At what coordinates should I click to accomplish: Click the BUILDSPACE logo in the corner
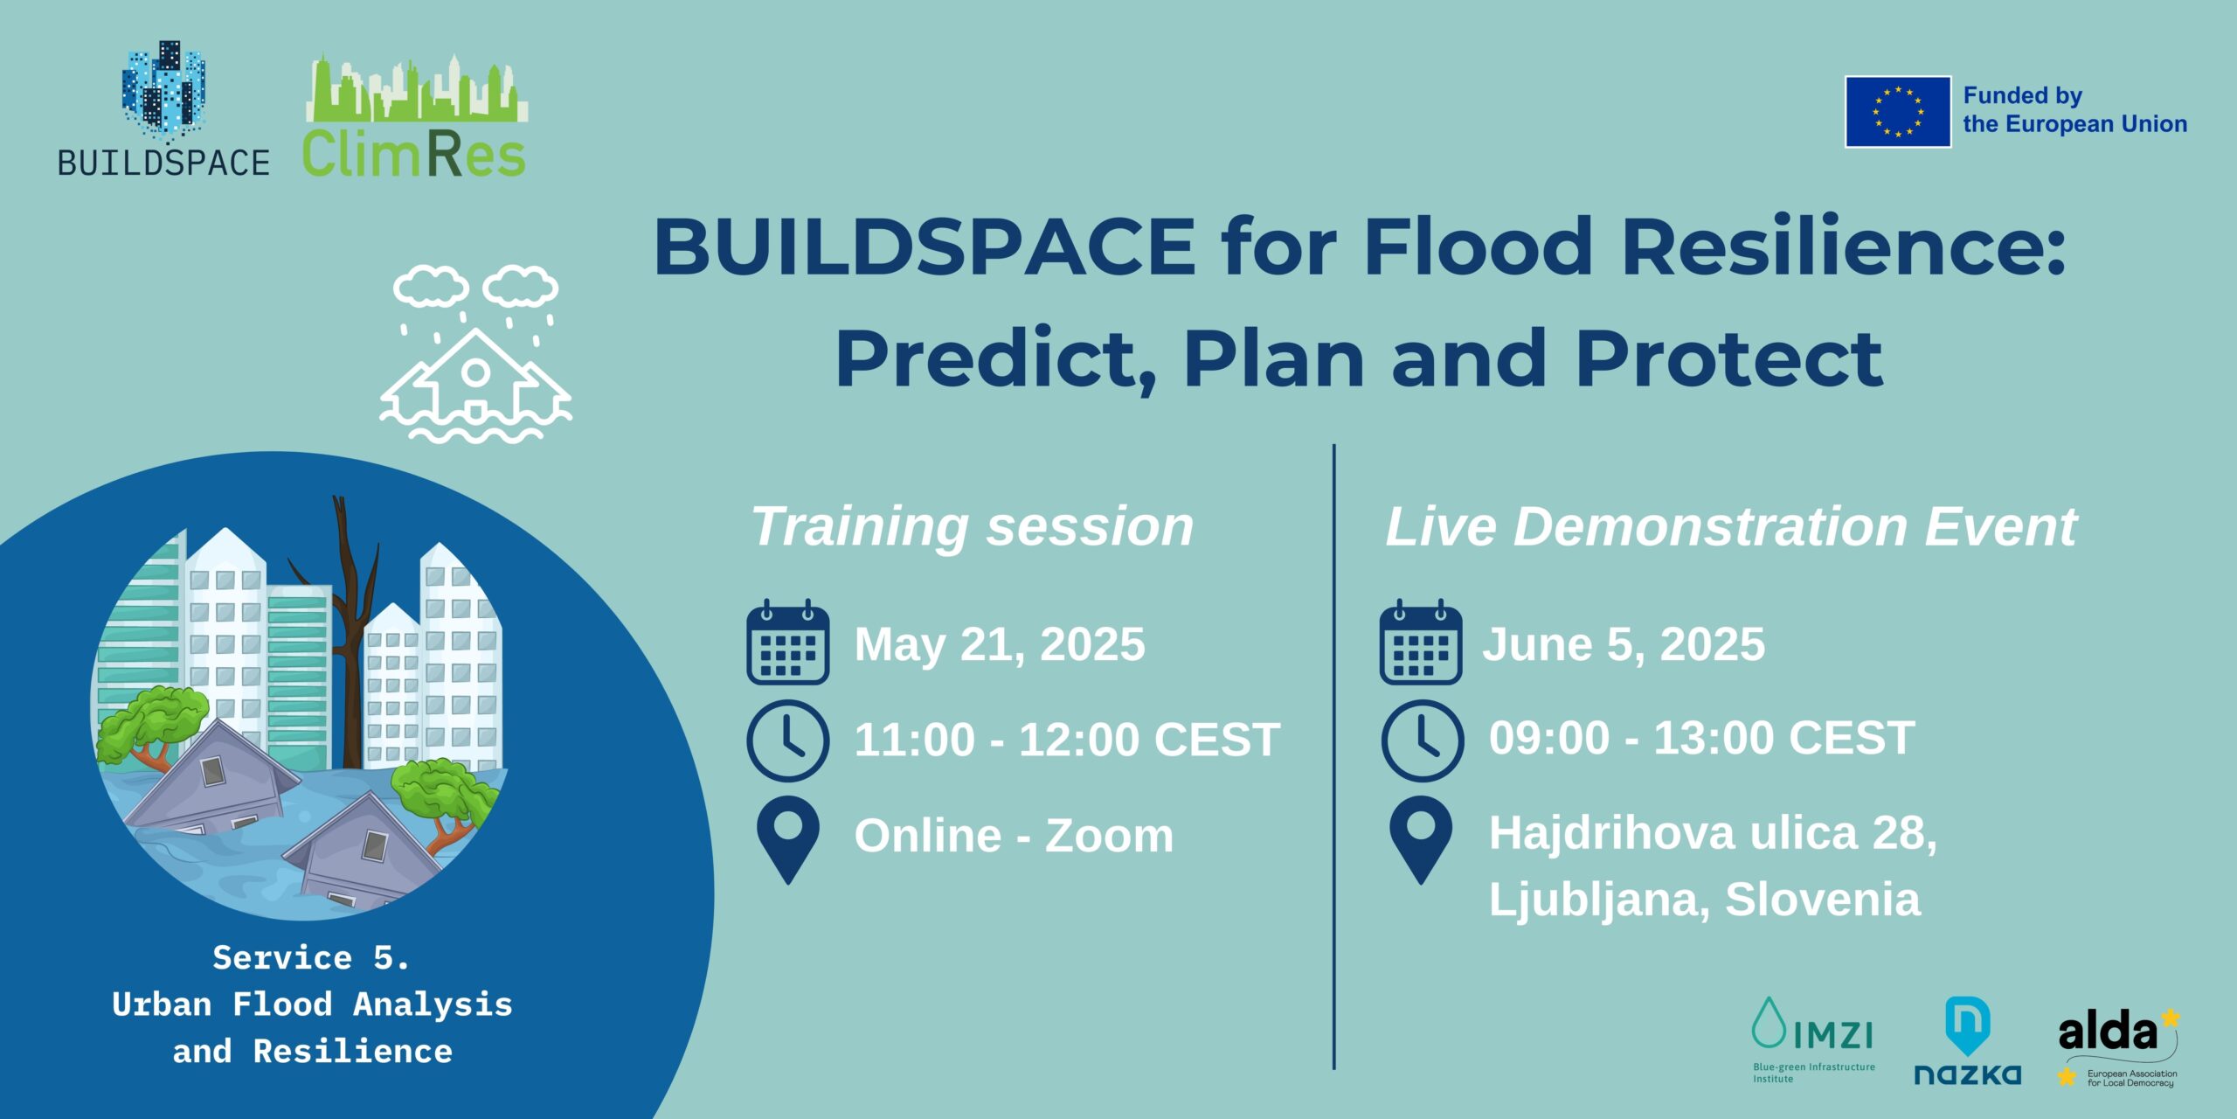[x=164, y=108]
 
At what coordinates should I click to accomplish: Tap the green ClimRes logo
[x=415, y=116]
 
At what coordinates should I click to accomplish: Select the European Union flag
[x=1898, y=112]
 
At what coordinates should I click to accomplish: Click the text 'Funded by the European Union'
[x=2074, y=110]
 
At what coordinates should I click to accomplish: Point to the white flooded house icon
[x=475, y=353]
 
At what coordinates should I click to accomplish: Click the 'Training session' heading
[x=973, y=527]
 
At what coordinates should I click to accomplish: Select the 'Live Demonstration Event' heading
[x=1731, y=527]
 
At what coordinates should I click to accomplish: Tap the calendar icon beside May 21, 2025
[x=788, y=643]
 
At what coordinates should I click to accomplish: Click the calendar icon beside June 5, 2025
[x=1421, y=643]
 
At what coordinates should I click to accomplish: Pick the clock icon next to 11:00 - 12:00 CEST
[x=788, y=740]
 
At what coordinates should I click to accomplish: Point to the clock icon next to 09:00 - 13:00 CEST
[x=1423, y=740]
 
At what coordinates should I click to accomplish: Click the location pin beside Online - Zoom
[x=788, y=840]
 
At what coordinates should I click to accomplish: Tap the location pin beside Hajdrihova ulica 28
[x=1421, y=840]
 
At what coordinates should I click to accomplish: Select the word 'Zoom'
[x=1110, y=836]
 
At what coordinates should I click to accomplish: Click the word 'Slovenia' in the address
[x=1823, y=900]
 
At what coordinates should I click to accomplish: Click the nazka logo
[x=1968, y=1041]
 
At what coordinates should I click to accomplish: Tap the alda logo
[x=2119, y=1047]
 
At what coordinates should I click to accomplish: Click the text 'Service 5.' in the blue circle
[x=311, y=958]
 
